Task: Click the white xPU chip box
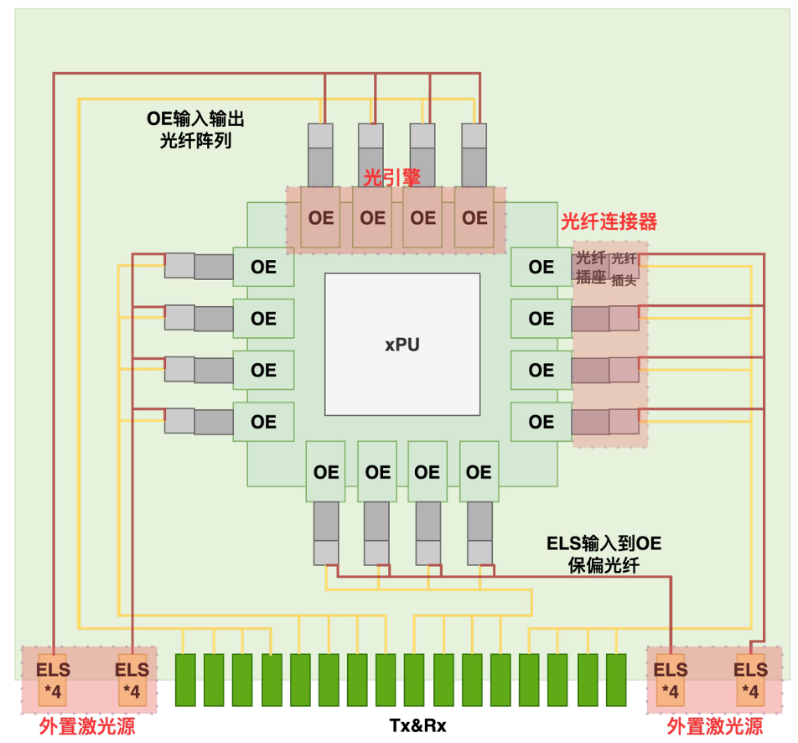402,344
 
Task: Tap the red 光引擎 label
391,177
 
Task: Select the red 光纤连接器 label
609,222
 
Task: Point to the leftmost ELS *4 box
53,680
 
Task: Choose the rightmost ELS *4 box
750,680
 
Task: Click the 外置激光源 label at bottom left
87,725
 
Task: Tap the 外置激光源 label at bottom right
714,725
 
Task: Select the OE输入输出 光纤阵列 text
195,129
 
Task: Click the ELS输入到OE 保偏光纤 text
604,554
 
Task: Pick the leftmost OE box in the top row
321,218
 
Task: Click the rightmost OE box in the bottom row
479,472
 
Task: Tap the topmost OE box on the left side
263,268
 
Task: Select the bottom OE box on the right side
541,421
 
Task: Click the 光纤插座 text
591,268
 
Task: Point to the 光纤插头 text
624,269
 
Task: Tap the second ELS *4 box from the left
132,680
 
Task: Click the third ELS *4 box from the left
671,680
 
